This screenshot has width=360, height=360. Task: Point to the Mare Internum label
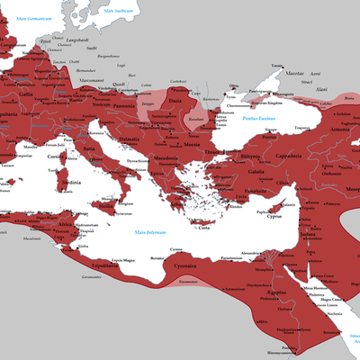(x=153, y=233)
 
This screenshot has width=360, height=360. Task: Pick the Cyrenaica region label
(x=184, y=267)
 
